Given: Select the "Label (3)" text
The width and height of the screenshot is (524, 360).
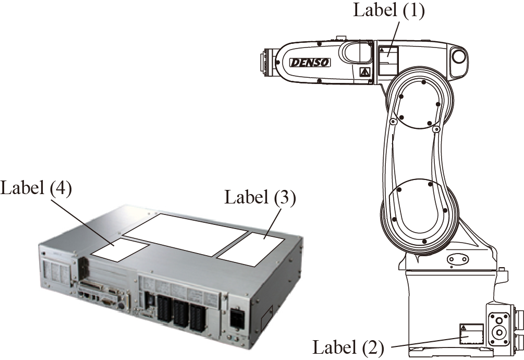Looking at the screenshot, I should (x=260, y=198).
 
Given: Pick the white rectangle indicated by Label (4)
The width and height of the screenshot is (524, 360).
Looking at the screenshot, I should (x=120, y=249).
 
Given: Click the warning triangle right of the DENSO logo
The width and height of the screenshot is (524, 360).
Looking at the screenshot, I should (x=364, y=71).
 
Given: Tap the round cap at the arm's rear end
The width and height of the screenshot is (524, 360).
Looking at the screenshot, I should (x=458, y=55).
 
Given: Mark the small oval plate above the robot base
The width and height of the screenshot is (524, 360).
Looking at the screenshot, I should (x=457, y=258).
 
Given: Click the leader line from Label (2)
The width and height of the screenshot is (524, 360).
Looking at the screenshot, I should (x=423, y=342).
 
